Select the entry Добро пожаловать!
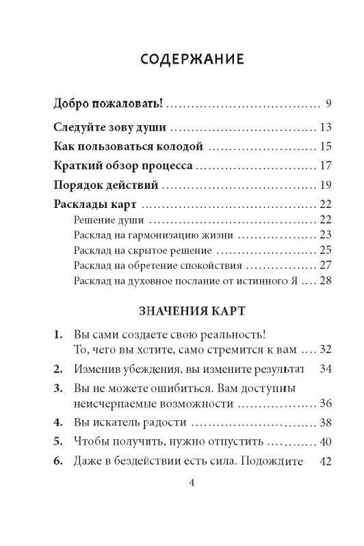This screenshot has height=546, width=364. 108,105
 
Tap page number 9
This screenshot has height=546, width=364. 328,105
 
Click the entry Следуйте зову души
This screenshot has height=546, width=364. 110,127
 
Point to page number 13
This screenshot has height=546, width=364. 325,127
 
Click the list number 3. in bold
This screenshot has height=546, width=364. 57,388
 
